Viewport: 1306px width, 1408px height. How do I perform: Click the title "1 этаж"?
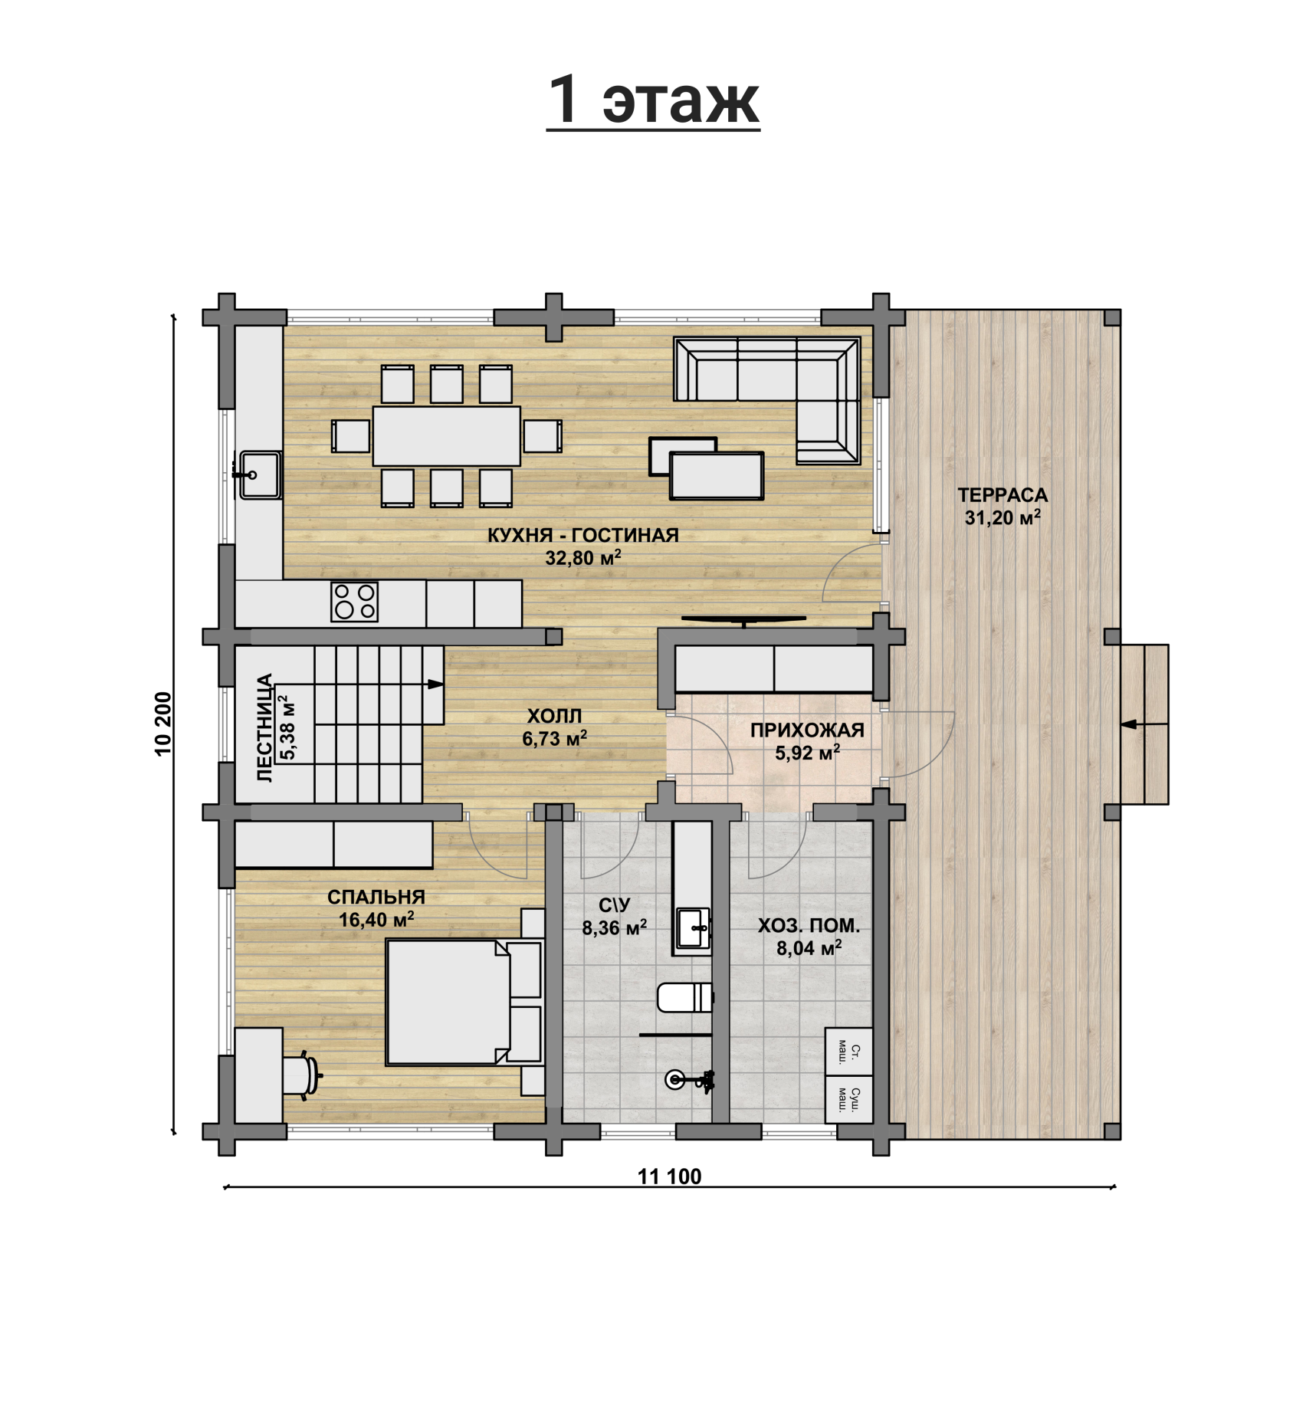tap(653, 101)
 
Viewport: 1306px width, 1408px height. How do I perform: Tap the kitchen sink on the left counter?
tap(259, 475)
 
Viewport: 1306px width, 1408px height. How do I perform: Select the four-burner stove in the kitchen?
tap(354, 602)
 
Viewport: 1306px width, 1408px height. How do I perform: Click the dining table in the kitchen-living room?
tap(447, 436)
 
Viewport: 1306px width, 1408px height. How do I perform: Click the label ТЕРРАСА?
tap(1002, 495)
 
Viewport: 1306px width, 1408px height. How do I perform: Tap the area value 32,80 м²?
tap(582, 557)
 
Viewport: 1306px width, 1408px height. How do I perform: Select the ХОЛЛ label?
tap(554, 716)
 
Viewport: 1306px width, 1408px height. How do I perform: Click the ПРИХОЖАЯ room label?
tap(807, 730)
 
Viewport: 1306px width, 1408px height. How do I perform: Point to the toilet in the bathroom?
tap(685, 997)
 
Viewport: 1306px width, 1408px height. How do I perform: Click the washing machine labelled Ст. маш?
tap(848, 1052)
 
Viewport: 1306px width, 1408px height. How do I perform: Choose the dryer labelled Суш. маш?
tap(848, 1100)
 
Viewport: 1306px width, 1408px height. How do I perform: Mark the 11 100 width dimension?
tap(669, 1176)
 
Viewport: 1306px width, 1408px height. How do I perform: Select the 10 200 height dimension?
tap(164, 724)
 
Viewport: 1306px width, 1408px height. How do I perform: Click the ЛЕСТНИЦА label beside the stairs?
tap(264, 727)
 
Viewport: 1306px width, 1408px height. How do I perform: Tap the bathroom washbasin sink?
tap(693, 929)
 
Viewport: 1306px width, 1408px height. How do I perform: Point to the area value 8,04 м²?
tap(809, 948)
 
